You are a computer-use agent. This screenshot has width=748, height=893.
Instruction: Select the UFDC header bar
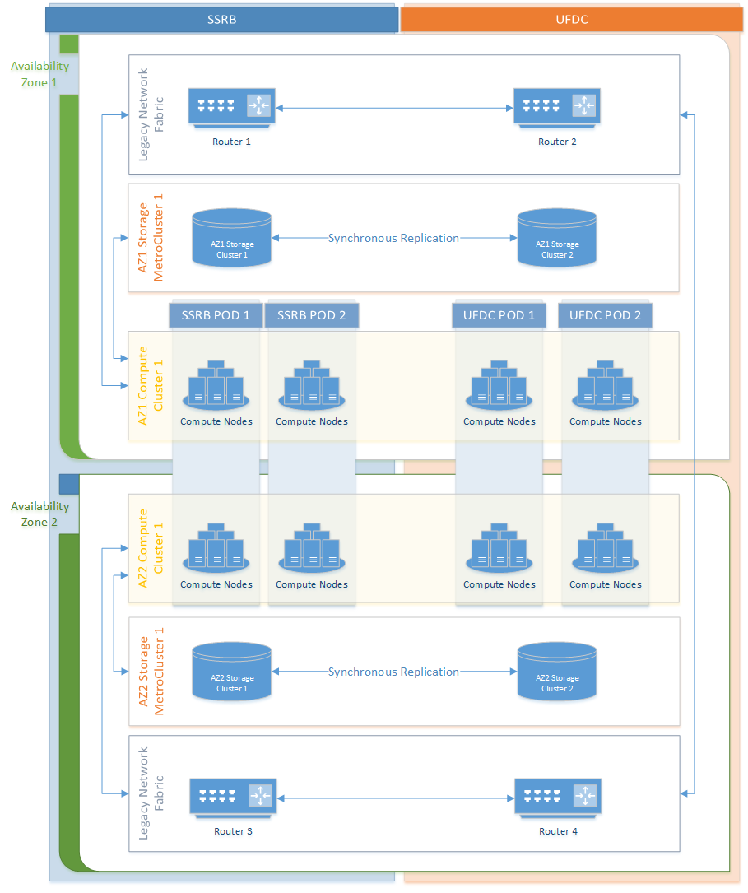(571, 19)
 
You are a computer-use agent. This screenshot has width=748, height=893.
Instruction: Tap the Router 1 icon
(232, 108)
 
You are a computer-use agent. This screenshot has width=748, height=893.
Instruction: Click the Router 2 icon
(557, 108)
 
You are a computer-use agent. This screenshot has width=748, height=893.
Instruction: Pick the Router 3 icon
(233, 798)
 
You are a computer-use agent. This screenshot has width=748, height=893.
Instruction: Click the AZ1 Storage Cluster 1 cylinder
(231, 238)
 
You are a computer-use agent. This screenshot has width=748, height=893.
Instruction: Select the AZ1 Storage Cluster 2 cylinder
(557, 238)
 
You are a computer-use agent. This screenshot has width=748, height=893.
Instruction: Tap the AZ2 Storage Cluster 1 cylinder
(231, 672)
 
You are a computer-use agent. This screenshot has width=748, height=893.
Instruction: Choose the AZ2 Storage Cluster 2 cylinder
(557, 672)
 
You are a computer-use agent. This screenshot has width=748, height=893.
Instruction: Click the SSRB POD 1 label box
(215, 315)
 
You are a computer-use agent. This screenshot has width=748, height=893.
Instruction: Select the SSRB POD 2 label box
(311, 315)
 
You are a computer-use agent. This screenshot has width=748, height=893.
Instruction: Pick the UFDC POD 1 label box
(499, 315)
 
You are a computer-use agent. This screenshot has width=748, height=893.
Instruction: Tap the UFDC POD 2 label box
(605, 315)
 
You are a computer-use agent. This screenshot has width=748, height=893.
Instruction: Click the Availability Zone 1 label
(39, 74)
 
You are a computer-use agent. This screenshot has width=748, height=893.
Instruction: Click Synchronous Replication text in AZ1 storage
(393, 238)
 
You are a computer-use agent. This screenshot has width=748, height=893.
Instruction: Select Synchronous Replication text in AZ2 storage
(393, 672)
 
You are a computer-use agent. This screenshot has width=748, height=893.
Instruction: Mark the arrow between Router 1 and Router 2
(393, 108)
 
